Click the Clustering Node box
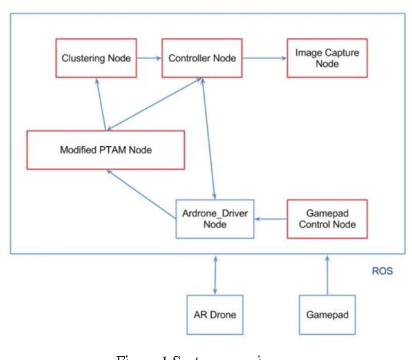96,58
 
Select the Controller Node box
202,58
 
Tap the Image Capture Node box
327,58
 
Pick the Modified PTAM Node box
106,150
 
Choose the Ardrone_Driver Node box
214,219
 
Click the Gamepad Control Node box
327,219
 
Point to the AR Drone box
214,315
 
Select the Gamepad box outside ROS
327,315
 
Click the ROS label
382,271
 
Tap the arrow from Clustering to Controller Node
149,58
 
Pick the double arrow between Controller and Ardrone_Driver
209,138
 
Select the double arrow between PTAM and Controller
154,103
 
